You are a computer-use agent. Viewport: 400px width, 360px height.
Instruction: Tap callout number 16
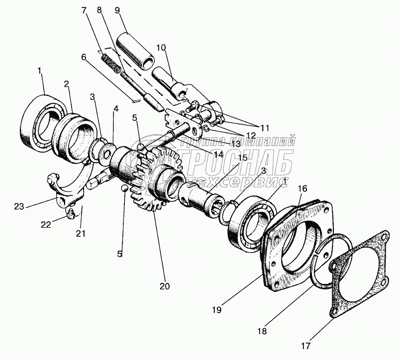coord(302,189)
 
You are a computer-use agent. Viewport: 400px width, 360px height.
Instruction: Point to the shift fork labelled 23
coord(60,191)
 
